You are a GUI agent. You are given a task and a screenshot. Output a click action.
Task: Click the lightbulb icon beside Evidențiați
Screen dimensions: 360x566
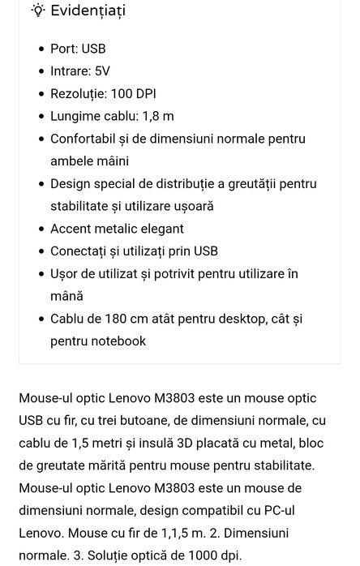[37, 11]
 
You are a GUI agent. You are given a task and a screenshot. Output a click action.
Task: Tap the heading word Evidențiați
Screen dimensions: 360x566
[88, 11]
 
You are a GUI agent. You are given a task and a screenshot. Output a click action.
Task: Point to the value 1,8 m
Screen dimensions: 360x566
[157, 116]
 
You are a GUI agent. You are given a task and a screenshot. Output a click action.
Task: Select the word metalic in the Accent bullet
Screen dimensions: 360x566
[121, 229]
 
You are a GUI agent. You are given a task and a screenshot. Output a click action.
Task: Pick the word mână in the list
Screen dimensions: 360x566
[66, 296]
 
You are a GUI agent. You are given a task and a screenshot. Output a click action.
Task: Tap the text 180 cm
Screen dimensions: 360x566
[125, 319]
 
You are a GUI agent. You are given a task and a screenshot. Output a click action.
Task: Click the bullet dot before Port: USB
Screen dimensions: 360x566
[41, 49]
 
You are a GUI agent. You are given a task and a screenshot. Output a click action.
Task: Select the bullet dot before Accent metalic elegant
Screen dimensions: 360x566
[41, 229]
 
